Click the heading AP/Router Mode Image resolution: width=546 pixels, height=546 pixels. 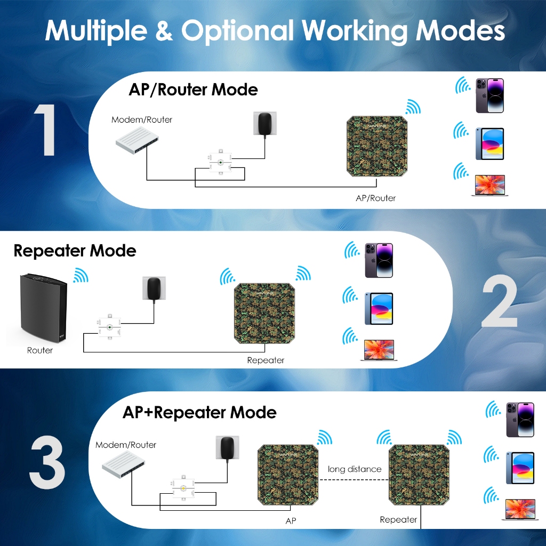[x=193, y=89]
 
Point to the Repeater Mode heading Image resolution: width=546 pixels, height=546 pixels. [x=75, y=251]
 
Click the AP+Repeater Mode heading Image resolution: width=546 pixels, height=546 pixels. [x=199, y=412]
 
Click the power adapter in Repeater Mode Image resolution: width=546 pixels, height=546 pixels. [x=154, y=290]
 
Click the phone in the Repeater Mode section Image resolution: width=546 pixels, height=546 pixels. [x=379, y=260]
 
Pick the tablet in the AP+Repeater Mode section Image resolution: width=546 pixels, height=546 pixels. [x=519, y=468]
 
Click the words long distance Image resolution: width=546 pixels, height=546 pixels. [x=355, y=469]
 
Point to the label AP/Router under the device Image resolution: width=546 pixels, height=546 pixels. [x=376, y=198]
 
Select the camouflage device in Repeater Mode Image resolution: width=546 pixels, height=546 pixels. [x=265, y=314]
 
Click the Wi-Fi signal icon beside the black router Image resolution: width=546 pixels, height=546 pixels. [x=81, y=275]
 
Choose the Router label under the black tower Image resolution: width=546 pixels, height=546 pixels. [x=40, y=350]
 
